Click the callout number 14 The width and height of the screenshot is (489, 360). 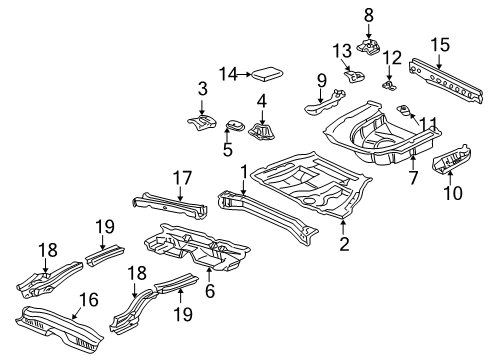228,74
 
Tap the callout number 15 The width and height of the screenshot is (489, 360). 440,44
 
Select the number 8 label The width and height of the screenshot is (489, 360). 368,15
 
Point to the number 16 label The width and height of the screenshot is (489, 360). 89,299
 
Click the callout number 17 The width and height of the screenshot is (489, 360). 182,178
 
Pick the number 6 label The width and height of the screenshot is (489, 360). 210,291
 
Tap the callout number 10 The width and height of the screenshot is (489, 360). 453,193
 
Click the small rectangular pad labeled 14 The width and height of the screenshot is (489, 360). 267,74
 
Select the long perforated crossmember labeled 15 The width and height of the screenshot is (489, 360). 446,81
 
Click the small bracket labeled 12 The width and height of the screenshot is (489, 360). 389,86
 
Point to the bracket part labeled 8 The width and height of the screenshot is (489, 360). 368,48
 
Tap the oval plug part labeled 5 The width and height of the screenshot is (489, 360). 235,126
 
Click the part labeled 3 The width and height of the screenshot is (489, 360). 201,122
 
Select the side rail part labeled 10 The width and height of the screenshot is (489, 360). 452,159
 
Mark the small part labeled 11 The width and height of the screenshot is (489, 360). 404,110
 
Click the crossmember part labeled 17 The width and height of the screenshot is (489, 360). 170,205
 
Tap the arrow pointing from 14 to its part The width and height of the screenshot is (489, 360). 245,74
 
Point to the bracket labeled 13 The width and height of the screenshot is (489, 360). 354,76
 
